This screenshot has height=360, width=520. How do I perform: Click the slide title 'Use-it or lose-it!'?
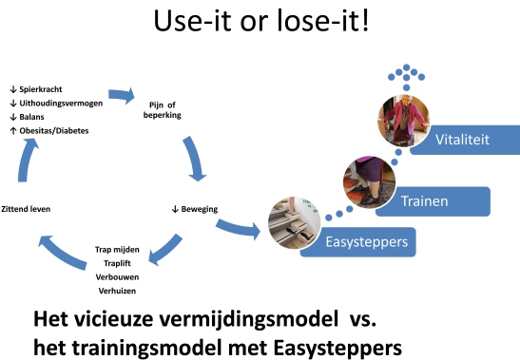point(260,23)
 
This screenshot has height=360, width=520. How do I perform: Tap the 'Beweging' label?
point(195,208)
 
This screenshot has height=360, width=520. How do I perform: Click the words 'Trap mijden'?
point(118,249)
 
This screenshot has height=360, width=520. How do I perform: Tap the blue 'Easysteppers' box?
point(371,241)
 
